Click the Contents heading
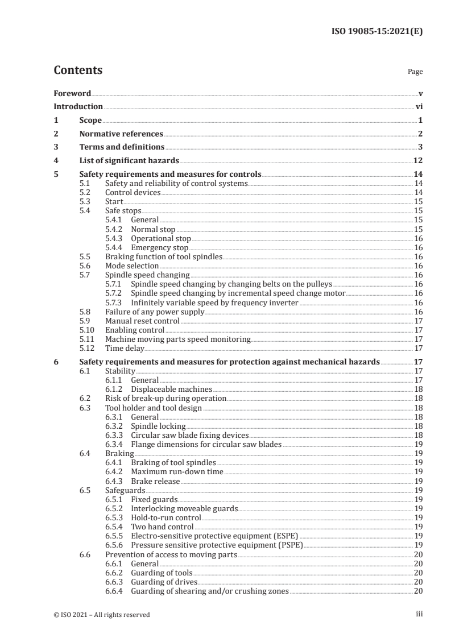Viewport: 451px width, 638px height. tap(78, 71)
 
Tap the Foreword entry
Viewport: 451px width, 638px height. tap(72, 93)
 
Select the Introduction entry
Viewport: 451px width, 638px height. tap(78, 106)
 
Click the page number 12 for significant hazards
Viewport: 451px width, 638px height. tap(417, 161)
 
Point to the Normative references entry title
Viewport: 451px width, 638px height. tap(121, 134)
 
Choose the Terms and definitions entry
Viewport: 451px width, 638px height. tap(122, 147)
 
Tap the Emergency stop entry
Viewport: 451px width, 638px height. tap(159, 247)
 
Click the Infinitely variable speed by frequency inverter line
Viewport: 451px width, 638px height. tap(214, 303)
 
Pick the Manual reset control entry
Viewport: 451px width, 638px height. tap(142, 321)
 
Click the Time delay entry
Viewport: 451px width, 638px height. tap(125, 348)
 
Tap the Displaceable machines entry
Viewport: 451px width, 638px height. tap(171, 390)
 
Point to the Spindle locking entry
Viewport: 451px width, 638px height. tap(158, 426)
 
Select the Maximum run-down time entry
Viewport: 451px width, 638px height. tap(177, 471)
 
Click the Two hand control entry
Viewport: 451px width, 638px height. tap(162, 527)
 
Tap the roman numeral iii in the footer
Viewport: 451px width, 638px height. tap(420, 614)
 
